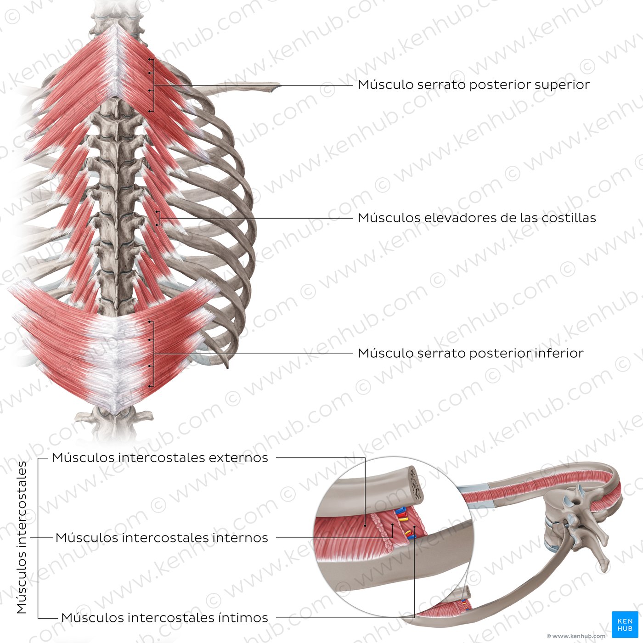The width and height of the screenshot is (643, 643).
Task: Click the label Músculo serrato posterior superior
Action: coord(474,85)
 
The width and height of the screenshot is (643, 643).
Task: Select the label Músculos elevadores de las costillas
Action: coord(477,218)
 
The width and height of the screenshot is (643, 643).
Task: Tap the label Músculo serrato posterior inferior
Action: coord(470,353)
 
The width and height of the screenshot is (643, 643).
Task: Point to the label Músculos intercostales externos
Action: coord(160,458)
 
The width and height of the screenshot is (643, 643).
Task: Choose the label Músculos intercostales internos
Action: coord(162,538)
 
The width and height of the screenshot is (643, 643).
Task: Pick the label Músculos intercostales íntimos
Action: coord(164,618)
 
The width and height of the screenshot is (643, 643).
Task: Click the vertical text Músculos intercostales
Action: coord(22,537)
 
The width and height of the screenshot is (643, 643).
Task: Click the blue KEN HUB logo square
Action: coord(625,624)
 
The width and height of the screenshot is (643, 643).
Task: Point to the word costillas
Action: coord(569,218)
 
